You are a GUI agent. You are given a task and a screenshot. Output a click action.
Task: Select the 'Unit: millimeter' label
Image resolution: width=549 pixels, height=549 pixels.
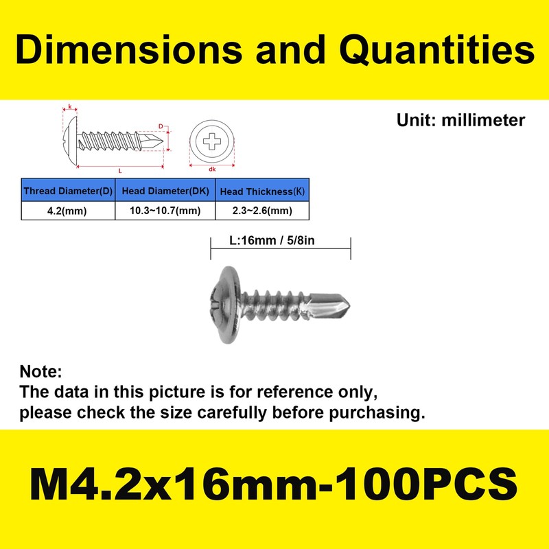(460, 121)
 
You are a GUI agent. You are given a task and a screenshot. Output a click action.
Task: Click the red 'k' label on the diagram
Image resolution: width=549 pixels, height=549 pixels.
(70, 108)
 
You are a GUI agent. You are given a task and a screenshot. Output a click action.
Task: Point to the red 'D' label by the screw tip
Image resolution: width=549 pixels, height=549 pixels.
(160, 127)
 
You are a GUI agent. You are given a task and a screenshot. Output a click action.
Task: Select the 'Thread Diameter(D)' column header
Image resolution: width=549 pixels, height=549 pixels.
(67, 191)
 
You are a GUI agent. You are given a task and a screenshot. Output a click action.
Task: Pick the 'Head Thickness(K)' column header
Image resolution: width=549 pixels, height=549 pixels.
(262, 191)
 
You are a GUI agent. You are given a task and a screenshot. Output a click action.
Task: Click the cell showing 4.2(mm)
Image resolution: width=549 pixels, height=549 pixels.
(67, 211)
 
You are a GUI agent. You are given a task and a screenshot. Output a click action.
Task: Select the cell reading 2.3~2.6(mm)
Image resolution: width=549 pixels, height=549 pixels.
(262, 211)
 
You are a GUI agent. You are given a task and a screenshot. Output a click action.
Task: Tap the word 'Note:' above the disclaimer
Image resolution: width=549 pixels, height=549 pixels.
(40, 372)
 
